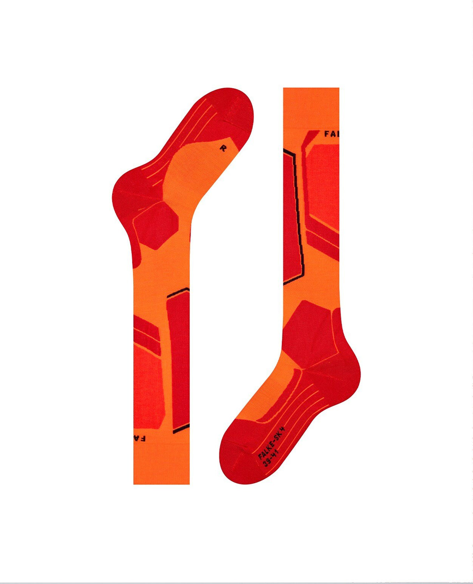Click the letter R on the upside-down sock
coord(223,148)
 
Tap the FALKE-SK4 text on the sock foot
coord(272,443)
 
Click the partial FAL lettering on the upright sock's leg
coord(332,134)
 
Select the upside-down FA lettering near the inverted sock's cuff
coord(139,438)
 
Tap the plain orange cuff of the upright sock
coord(311,107)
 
